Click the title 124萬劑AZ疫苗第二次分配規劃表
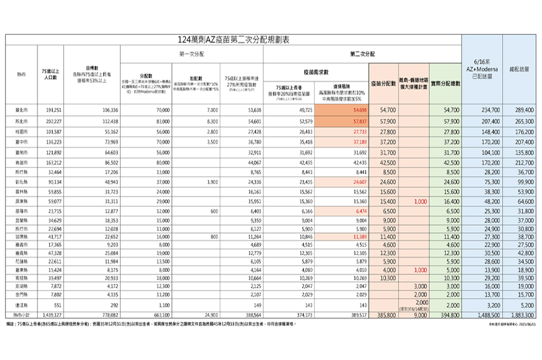tap(234, 40)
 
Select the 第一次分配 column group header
tap(192, 54)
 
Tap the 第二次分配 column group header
tap(362, 54)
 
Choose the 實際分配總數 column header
tap(445, 83)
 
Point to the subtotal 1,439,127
tap(52, 314)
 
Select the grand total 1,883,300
tap(522, 314)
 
